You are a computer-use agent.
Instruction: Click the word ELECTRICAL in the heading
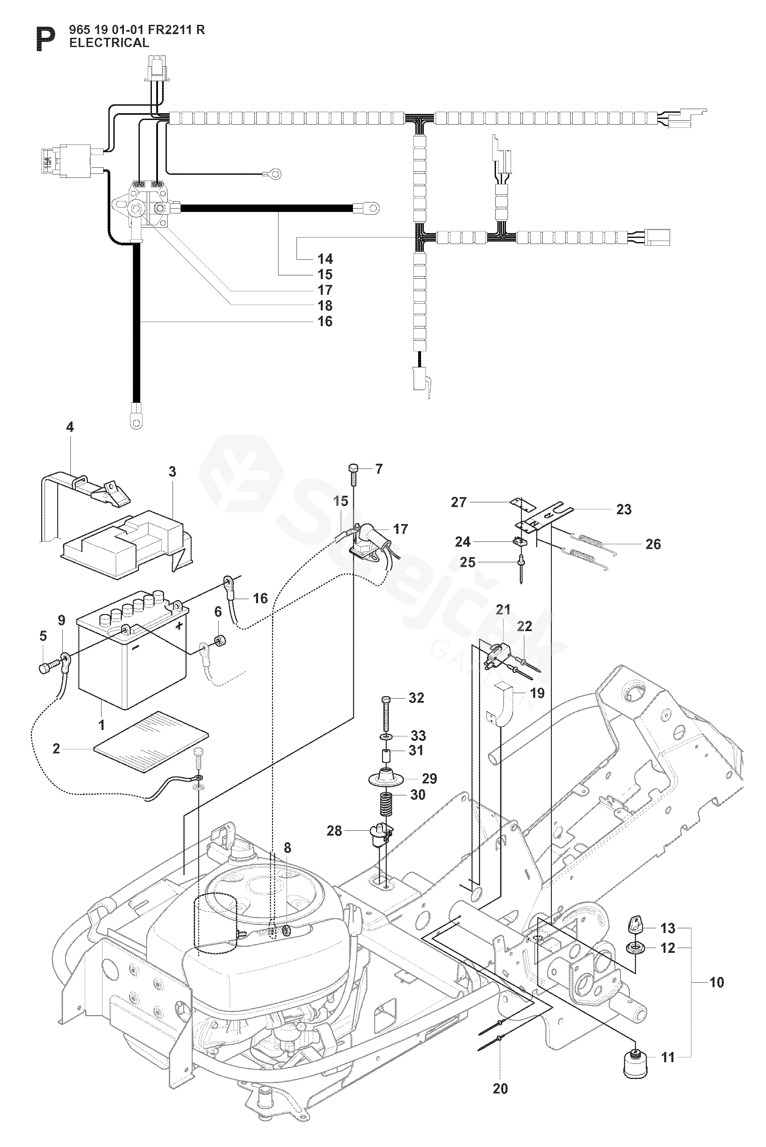click(x=109, y=43)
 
